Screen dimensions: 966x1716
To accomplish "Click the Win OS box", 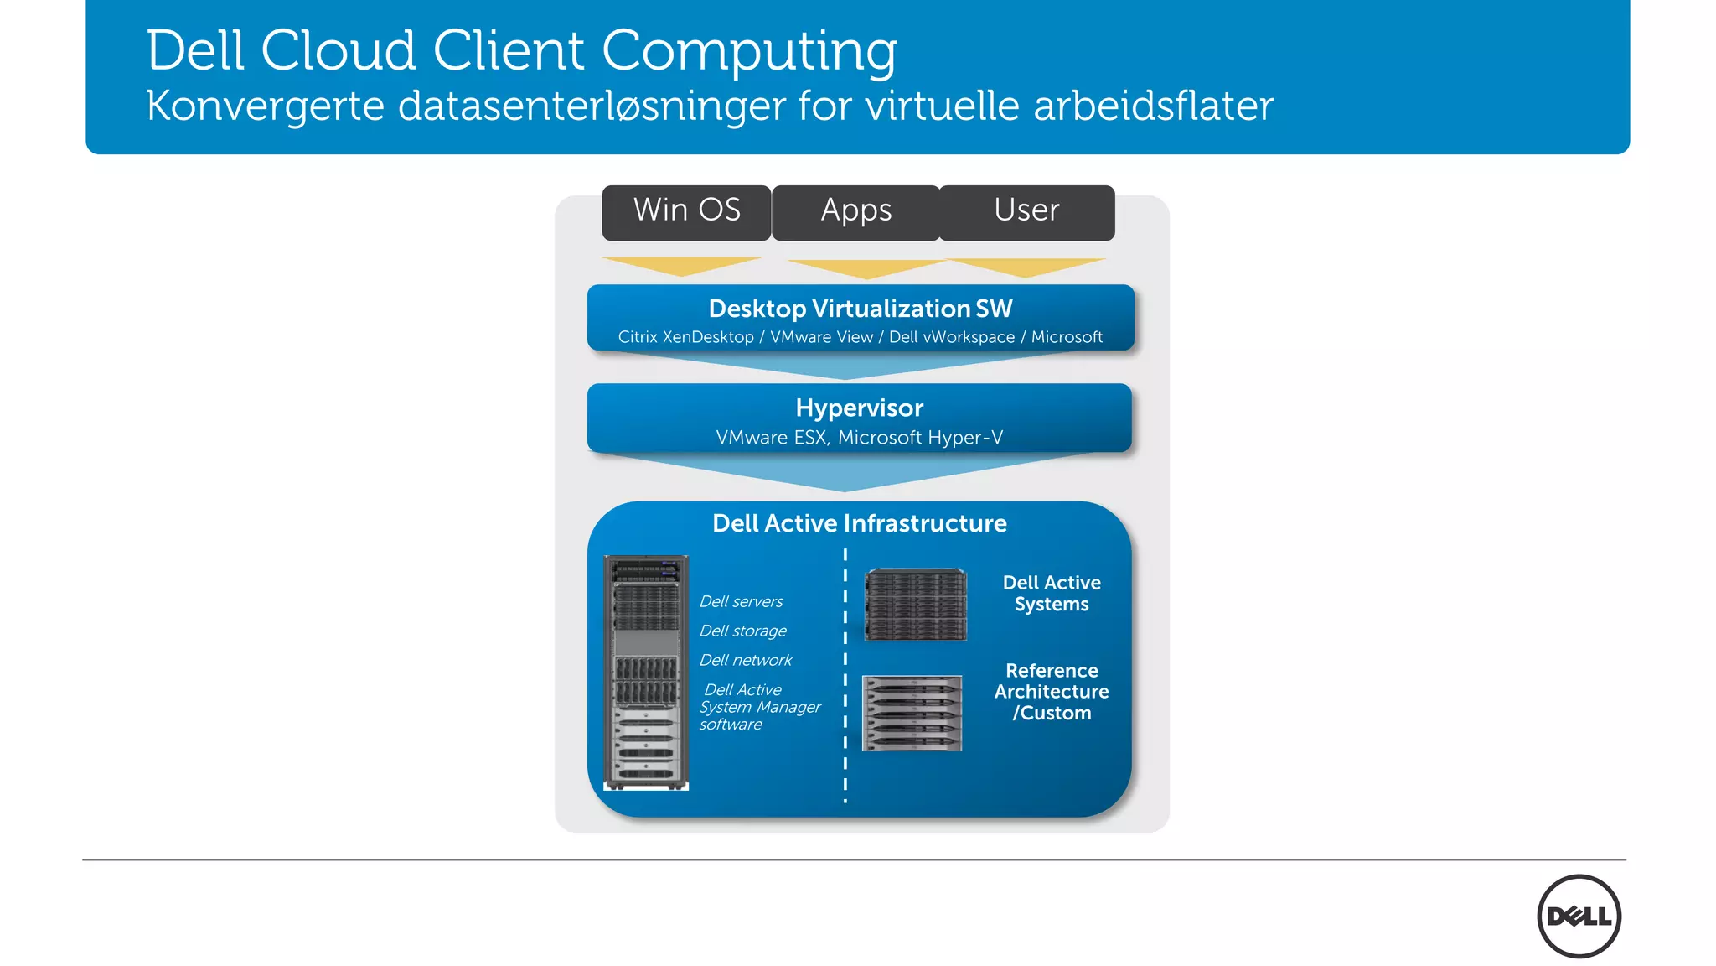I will (x=686, y=212).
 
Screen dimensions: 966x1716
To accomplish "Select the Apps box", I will (x=855, y=212).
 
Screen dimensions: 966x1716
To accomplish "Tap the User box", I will (x=1026, y=212).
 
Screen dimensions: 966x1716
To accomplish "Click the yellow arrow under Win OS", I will (x=682, y=266).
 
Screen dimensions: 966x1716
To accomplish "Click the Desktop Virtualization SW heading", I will (x=861, y=309).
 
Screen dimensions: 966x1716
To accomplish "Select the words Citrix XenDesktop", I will (x=685, y=337).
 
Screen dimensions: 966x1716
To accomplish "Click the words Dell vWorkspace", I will (x=951, y=337).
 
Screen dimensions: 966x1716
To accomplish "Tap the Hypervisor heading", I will (x=859, y=408).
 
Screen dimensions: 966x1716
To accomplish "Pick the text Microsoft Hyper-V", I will (x=920, y=438).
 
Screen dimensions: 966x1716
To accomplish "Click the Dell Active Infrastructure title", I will (x=859, y=523).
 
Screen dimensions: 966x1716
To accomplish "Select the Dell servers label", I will (x=741, y=601).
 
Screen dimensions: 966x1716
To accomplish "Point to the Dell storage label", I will (x=742, y=631).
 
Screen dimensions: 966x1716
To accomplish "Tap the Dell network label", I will (x=745, y=660).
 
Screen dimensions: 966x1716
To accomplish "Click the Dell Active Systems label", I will (x=1052, y=593).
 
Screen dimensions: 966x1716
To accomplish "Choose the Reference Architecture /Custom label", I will (x=1052, y=692).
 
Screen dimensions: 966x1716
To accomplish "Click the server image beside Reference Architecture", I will (x=912, y=713).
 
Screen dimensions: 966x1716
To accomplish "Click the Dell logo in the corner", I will (x=1579, y=916).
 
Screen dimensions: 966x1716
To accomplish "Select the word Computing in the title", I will (x=749, y=52).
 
